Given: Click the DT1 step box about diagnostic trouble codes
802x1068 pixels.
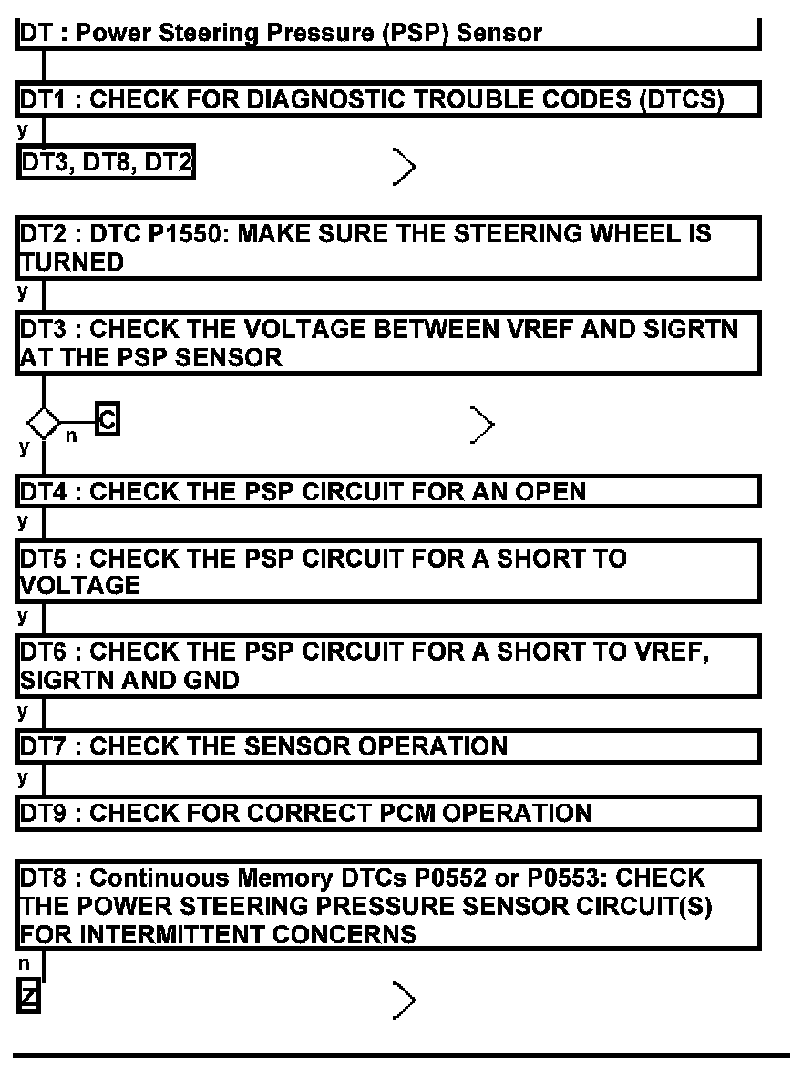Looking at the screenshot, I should [x=388, y=100].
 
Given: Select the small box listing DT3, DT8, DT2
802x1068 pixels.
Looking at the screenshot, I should [x=107, y=164].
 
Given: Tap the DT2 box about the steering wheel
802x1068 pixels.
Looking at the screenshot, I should [x=388, y=247].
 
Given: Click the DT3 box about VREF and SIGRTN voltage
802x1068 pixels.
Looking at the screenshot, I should [x=388, y=343].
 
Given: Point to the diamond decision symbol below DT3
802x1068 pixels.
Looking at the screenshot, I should [x=43, y=424].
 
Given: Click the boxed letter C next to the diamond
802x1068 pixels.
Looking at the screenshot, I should [x=107, y=421].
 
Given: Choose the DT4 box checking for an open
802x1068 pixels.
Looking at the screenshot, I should [x=388, y=491].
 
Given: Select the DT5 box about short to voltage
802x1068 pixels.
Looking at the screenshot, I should [x=388, y=571].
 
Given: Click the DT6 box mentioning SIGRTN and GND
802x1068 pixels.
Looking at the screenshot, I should [x=388, y=666].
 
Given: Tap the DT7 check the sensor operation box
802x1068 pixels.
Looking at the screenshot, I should [x=388, y=746].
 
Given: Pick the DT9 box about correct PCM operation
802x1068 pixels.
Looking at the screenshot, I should [x=388, y=813].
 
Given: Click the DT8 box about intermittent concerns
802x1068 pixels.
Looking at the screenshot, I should [x=388, y=906].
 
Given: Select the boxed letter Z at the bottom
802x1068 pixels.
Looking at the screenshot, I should [x=28, y=997].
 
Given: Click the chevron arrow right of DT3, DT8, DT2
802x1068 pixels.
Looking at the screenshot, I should [x=406, y=167].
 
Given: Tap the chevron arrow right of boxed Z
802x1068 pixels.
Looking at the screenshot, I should [x=406, y=1000].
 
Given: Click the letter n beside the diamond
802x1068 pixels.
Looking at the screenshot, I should [x=71, y=436].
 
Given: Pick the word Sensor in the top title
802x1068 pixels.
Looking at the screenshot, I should [x=499, y=34].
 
